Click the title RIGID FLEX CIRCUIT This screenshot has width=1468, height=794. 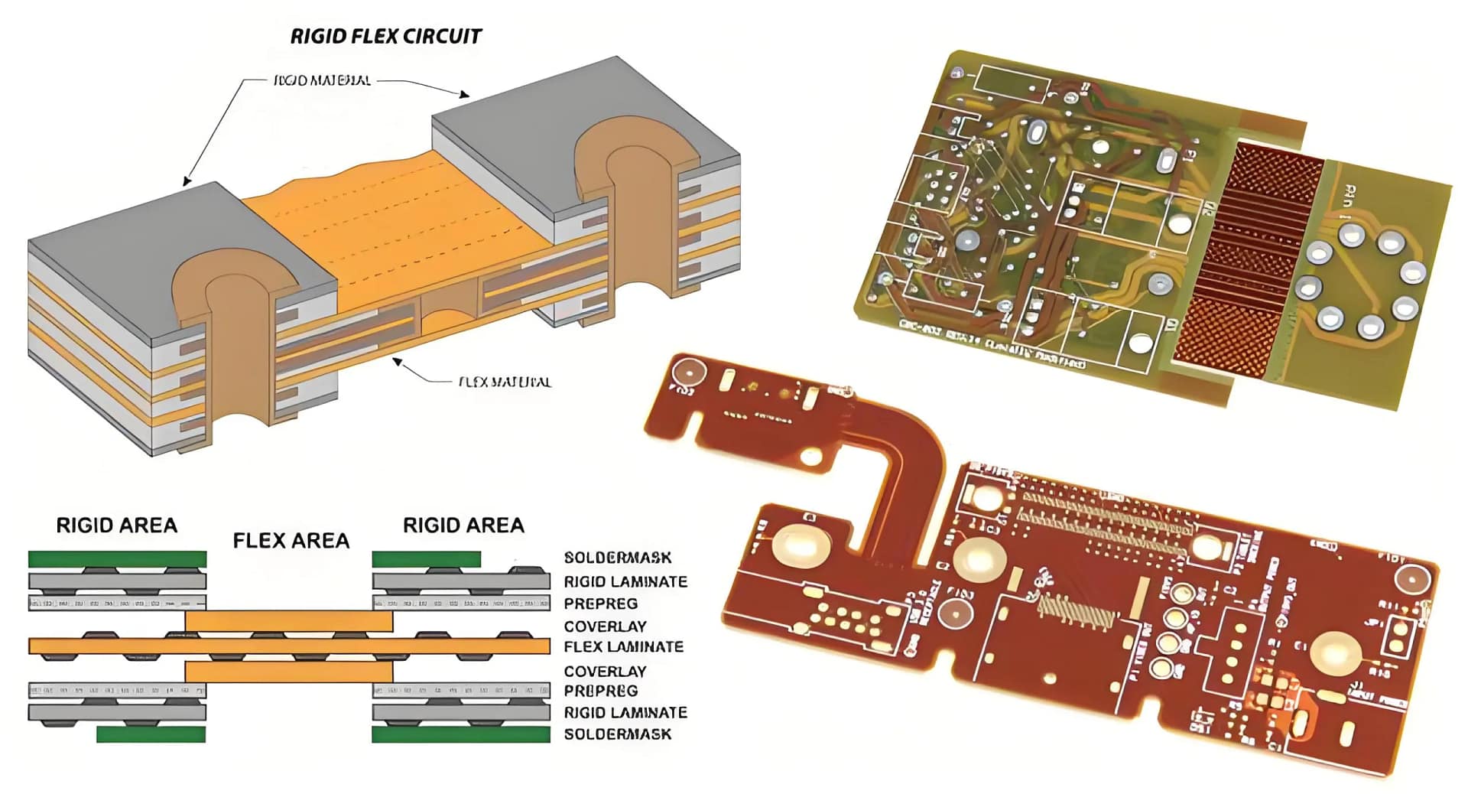click(x=385, y=37)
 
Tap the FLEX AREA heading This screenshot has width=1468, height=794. click(x=291, y=541)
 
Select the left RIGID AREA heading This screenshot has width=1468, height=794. click(x=116, y=526)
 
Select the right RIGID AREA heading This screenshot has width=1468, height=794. click(x=463, y=526)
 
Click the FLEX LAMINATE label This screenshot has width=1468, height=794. click(x=623, y=647)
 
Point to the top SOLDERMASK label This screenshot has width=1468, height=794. click(x=617, y=558)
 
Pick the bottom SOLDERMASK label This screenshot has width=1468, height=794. click(x=617, y=734)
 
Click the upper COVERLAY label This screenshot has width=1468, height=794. click(x=605, y=626)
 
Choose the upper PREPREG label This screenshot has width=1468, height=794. click(x=600, y=604)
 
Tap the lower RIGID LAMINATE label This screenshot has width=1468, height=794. click(x=625, y=712)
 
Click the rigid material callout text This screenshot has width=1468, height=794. click(x=322, y=80)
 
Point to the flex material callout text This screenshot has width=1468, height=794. click(x=504, y=382)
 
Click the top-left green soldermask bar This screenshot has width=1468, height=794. click(x=117, y=559)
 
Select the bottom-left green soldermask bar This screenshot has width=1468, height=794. click(x=151, y=734)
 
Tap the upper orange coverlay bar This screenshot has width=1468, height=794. click(x=288, y=620)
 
